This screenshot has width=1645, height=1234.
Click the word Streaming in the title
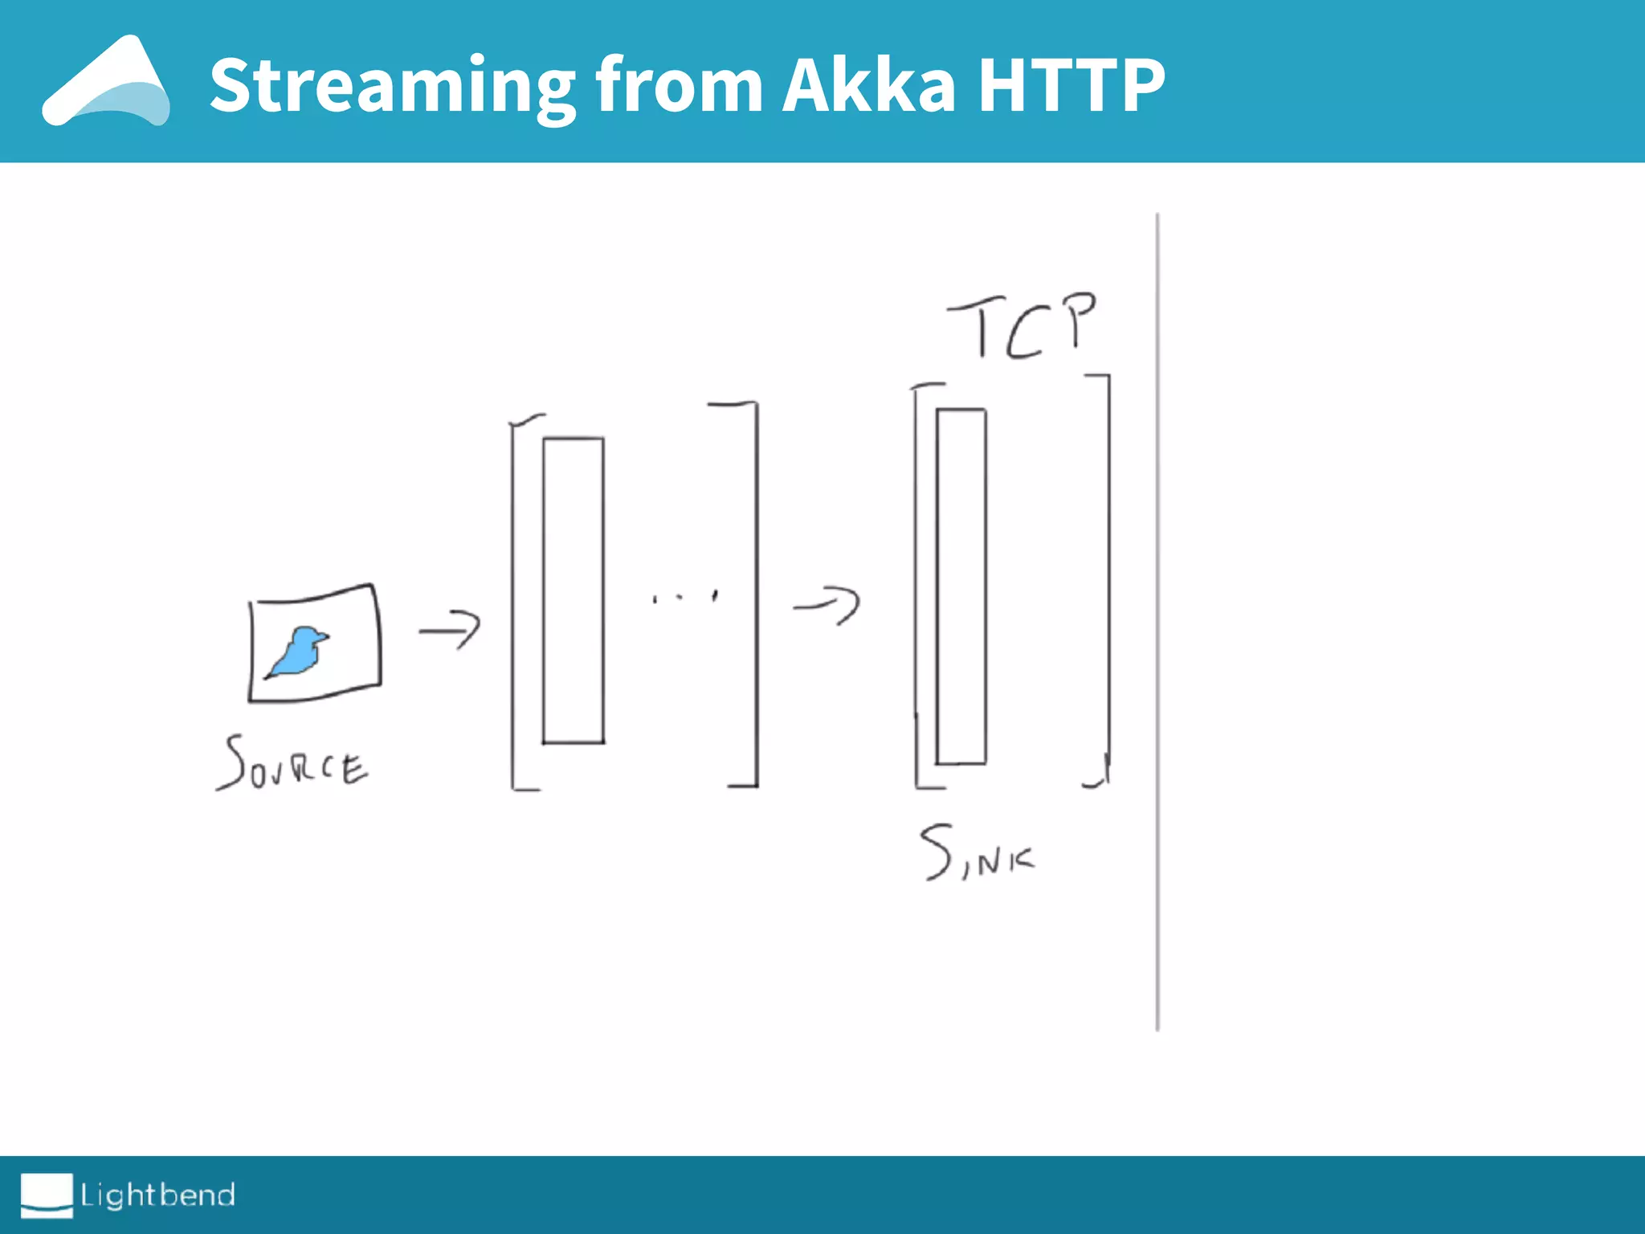click(x=392, y=86)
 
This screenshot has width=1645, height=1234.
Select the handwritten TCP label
click(x=1022, y=325)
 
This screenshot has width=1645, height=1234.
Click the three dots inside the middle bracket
click(x=684, y=597)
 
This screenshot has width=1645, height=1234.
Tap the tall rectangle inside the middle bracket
click(x=573, y=590)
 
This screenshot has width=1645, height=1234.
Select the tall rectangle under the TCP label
click(x=961, y=586)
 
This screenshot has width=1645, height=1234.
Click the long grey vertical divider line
click(x=1157, y=623)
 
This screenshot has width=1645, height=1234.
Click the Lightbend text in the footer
click(x=157, y=1195)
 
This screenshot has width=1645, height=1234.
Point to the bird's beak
click(x=324, y=638)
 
